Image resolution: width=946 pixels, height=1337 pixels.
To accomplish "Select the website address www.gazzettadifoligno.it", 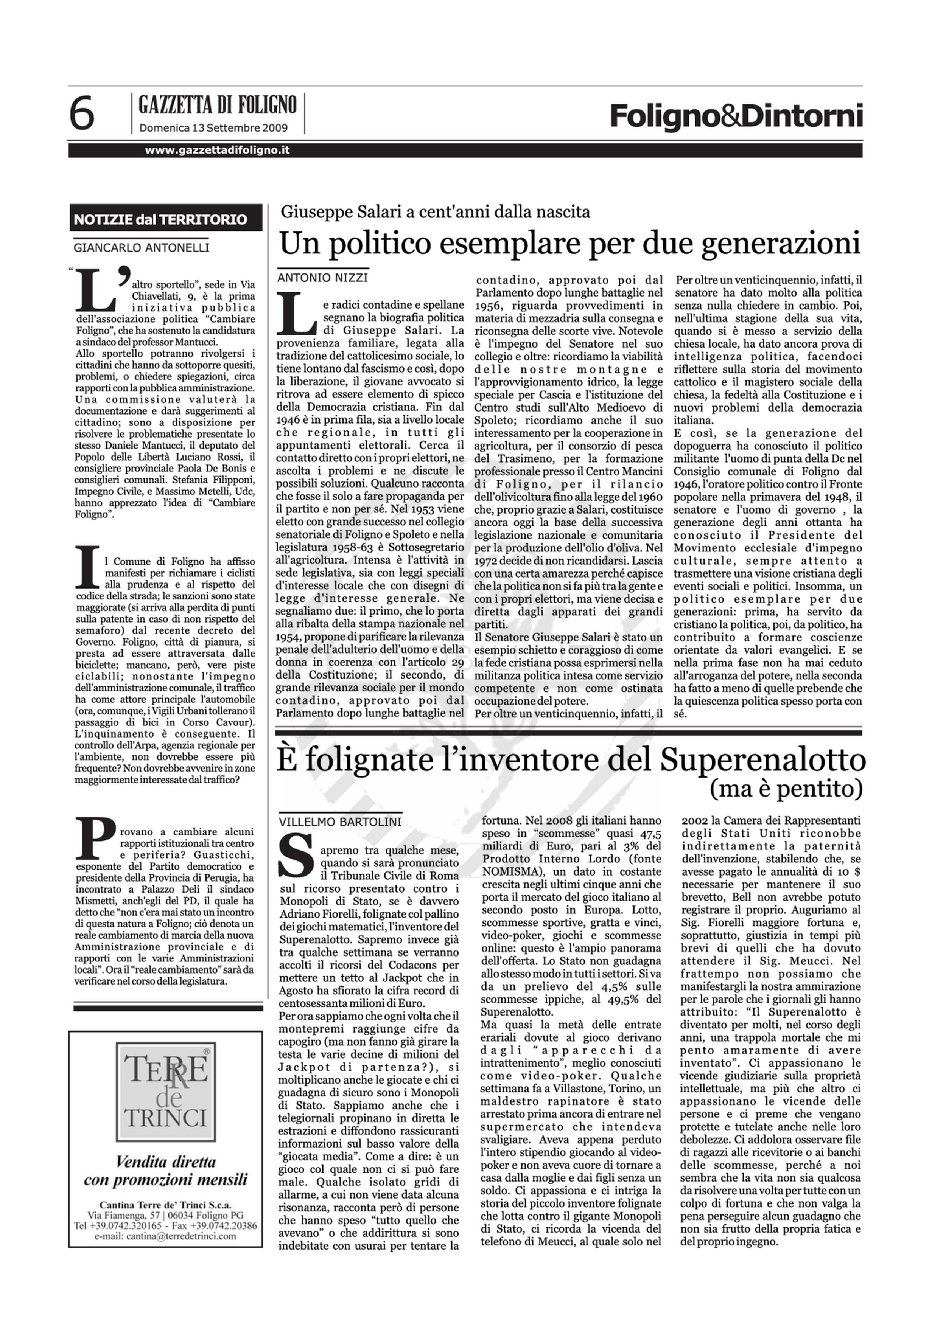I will click(x=217, y=150).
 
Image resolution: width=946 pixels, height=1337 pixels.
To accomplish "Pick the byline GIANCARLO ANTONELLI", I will click(x=141, y=247).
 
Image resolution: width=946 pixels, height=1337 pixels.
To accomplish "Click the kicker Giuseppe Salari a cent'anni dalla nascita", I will click(x=435, y=212).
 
